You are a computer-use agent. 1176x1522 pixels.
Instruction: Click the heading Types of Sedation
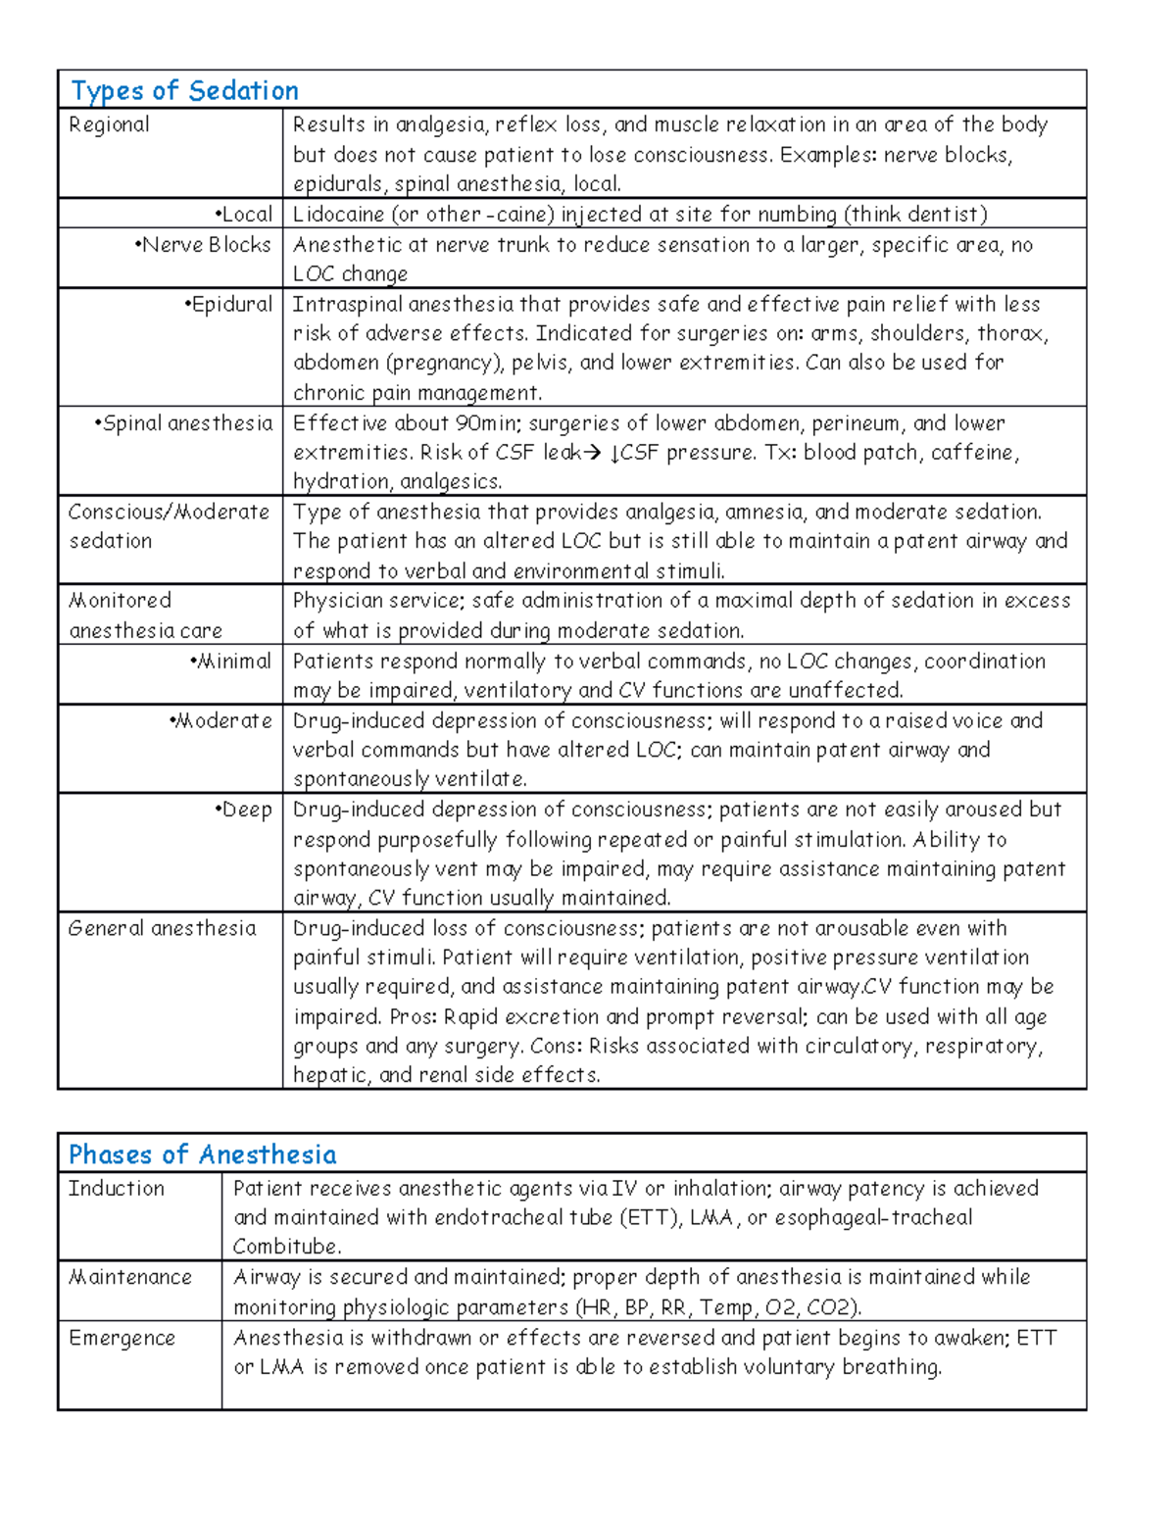pyautogui.click(x=184, y=91)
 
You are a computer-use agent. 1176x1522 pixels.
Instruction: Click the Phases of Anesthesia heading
pyautogui.click(x=202, y=1154)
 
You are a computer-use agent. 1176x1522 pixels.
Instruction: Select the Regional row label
pyautogui.click(x=109, y=124)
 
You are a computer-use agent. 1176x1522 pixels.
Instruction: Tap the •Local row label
pyautogui.click(x=243, y=215)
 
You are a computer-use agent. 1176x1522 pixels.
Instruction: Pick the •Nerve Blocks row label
pyautogui.click(x=203, y=245)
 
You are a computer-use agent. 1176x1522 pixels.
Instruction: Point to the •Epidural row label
pyautogui.click(x=228, y=305)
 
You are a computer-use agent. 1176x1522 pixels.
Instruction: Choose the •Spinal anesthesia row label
pyautogui.click(x=183, y=423)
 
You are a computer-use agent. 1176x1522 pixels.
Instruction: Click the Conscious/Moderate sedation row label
pyautogui.click(x=168, y=526)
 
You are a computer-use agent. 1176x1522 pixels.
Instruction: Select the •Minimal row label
pyautogui.click(x=230, y=662)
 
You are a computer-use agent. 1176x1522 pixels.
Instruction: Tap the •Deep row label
pyautogui.click(x=243, y=810)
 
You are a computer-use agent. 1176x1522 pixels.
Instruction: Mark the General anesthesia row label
pyautogui.click(x=162, y=928)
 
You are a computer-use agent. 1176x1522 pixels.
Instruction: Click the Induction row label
pyautogui.click(x=116, y=1189)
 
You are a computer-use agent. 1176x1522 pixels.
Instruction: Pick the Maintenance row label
pyautogui.click(x=129, y=1277)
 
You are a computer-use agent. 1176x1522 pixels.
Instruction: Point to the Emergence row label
pyautogui.click(x=122, y=1338)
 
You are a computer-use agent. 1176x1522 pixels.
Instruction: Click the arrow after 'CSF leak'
pyautogui.click(x=591, y=453)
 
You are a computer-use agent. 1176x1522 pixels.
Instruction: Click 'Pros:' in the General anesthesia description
pyautogui.click(x=413, y=1016)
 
